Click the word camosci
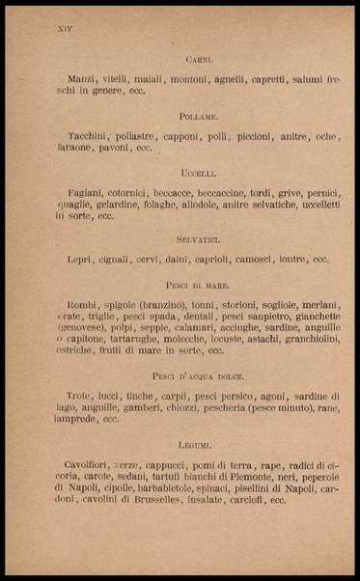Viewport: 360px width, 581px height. click(x=256, y=259)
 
